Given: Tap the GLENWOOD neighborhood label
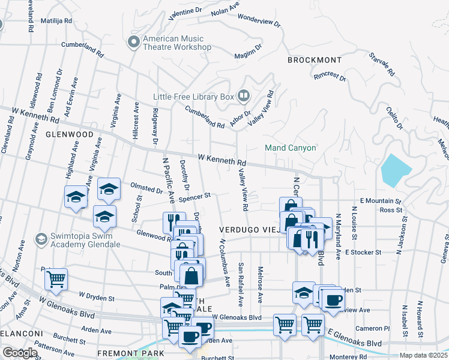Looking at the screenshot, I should (70, 134).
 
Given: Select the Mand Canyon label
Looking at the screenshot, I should (291, 148).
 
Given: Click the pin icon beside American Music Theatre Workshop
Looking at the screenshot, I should (133, 42).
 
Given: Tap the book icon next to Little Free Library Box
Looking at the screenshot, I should (243, 95).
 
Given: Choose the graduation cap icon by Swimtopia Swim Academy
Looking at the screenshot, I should (41, 239).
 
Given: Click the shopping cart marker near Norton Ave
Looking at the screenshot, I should (56, 278).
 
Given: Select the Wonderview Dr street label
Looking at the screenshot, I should (259, 19).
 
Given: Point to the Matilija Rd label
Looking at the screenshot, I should (56, 20).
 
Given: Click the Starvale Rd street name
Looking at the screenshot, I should (382, 64).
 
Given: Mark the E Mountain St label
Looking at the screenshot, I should (380, 201).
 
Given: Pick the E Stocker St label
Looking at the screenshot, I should (361, 253).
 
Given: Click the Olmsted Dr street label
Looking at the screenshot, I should (146, 188).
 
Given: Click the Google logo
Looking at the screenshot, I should (19, 353).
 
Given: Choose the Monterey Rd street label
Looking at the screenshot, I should (346, 356).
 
